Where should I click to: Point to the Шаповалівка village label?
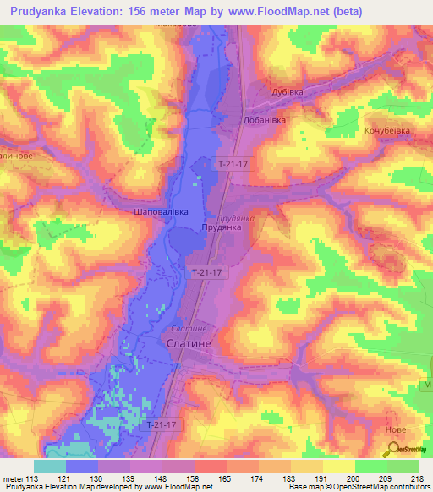[x=161, y=212]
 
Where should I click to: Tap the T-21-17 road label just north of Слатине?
[x=206, y=272]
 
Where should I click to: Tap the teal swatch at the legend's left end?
[x=50, y=465]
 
